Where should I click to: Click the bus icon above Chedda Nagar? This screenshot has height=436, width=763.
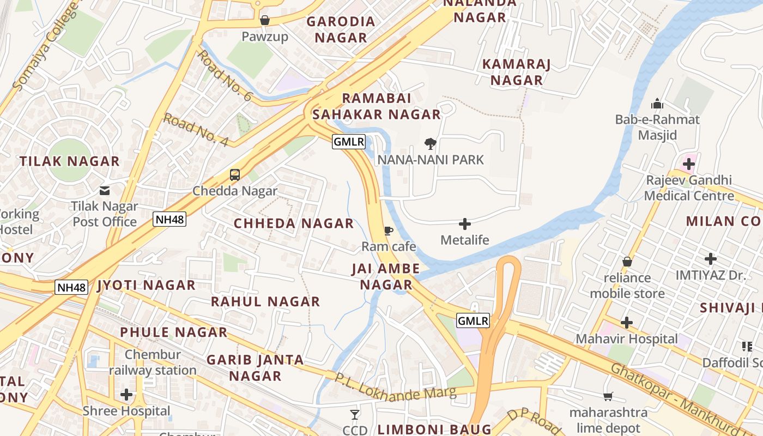tap(235, 175)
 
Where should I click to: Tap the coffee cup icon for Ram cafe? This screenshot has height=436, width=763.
tap(389, 231)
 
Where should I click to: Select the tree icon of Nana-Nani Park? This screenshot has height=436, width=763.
tap(431, 144)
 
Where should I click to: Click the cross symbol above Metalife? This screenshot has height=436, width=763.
tap(465, 224)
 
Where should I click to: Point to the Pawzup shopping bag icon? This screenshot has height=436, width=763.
tap(265, 20)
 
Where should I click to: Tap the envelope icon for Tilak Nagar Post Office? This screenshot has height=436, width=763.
tap(105, 191)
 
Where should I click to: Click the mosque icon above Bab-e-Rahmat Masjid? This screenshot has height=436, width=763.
tap(657, 104)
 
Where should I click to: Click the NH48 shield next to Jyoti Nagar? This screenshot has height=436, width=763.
tap(71, 287)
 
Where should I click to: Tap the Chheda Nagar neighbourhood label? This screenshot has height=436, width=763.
tap(294, 223)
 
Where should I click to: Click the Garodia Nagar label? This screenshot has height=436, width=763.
tap(341, 29)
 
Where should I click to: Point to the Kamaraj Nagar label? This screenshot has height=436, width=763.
tap(517, 72)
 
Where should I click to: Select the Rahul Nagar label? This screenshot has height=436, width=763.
tap(265, 301)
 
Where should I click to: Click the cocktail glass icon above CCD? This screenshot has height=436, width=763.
tap(355, 415)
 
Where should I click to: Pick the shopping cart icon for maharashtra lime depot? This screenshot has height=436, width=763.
tap(608, 396)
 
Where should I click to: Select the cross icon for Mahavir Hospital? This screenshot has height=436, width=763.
tap(627, 323)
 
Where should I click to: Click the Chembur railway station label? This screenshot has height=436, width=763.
tap(153, 362)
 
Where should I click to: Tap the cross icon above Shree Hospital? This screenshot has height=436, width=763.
tap(126, 394)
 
